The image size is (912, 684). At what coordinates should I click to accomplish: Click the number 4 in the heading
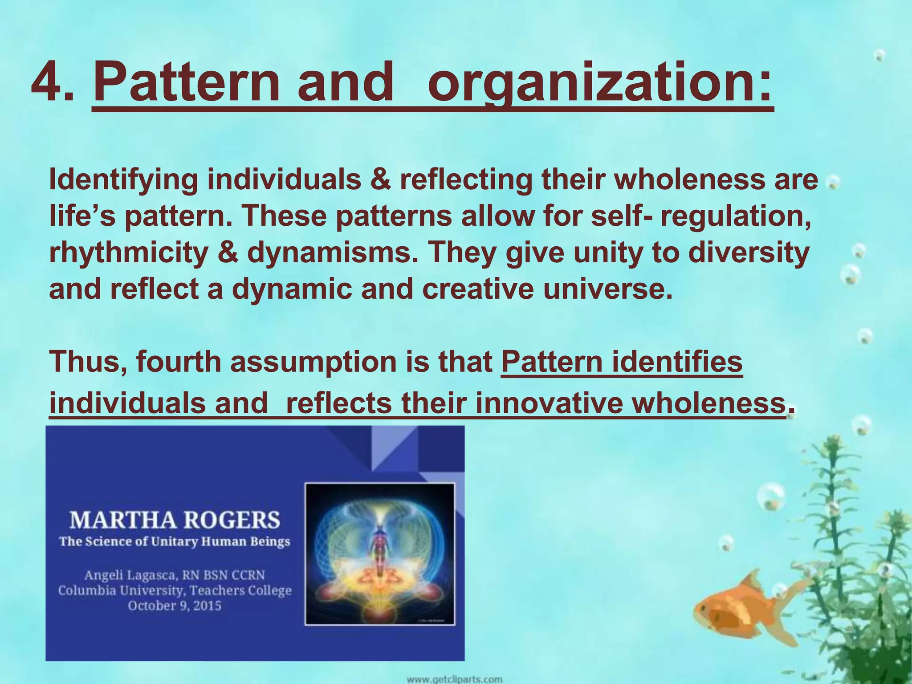[x=50, y=82]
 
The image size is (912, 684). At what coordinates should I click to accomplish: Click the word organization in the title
[x=599, y=82]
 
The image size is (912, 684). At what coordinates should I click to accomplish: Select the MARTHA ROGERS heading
[x=175, y=520]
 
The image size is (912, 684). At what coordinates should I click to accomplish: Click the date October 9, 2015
[x=175, y=606]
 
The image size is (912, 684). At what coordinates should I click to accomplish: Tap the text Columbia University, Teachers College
[x=175, y=590]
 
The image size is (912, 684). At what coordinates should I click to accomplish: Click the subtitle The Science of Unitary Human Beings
[x=175, y=541]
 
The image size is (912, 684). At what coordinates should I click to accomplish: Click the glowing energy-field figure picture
[x=380, y=554]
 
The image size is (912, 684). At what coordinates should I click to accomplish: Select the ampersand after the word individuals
[x=380, y=180]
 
